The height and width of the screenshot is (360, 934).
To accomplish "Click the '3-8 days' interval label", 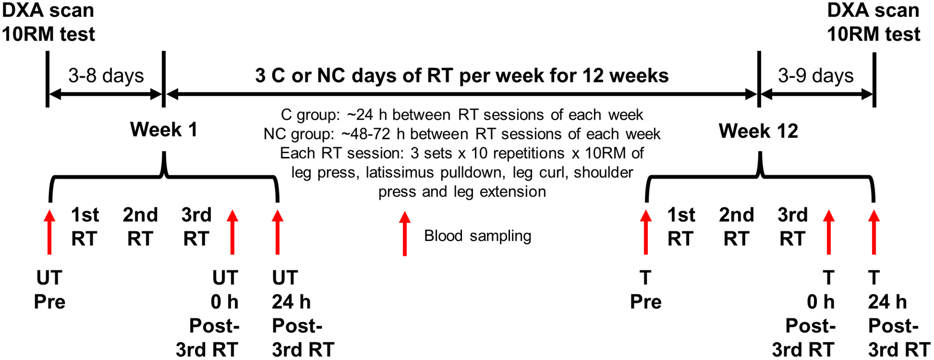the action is [106, 76].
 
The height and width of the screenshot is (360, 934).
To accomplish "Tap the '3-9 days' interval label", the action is [816, 76].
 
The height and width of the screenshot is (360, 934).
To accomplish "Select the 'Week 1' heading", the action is [163, 129].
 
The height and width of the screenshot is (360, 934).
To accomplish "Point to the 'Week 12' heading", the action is [758, 131].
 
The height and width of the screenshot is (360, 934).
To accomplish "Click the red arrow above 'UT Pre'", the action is [50, 232].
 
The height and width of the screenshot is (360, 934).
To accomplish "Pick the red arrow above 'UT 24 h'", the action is [278, 232].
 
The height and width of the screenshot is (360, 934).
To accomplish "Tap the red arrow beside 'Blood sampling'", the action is [405, 233].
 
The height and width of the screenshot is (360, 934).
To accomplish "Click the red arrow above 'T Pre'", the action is [646, 232].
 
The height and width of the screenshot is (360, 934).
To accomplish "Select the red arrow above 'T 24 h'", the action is [874, 232].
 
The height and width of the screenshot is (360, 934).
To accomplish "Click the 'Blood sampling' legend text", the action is [478, 236].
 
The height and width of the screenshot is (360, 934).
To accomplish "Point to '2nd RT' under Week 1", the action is [140, 227].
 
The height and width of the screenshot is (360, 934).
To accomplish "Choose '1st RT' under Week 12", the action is [681, 227].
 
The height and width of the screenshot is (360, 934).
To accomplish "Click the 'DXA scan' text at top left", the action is [48, 10].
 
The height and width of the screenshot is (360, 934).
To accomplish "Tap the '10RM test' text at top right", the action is [874, 34].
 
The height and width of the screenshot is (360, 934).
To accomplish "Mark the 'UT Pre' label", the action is [50, 290].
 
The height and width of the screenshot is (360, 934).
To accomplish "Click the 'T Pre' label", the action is [646, 290].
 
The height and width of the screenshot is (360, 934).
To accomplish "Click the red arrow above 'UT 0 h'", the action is [233, 232].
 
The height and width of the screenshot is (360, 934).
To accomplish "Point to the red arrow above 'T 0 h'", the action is [829, 232].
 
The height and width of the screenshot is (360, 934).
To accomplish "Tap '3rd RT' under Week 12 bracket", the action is [792, 227].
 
